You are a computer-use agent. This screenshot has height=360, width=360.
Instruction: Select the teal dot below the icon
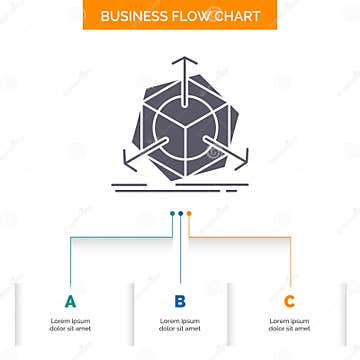172,212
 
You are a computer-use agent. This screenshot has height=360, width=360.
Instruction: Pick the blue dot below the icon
180,212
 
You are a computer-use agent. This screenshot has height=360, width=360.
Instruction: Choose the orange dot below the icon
188,212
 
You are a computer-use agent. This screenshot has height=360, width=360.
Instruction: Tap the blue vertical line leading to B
180,250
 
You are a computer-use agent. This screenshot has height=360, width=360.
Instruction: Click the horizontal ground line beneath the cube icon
180,181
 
